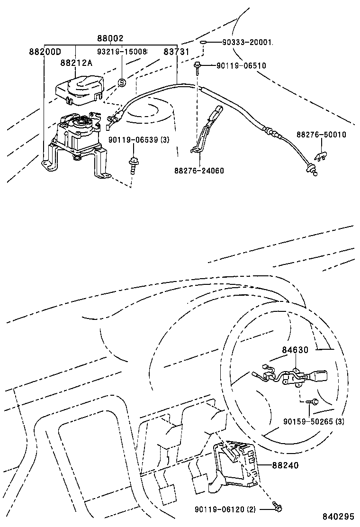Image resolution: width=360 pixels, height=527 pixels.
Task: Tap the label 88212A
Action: pos(76,63)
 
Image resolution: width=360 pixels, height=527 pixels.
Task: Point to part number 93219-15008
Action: pos(123,51)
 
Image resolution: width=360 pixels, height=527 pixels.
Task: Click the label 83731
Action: pos(177,52)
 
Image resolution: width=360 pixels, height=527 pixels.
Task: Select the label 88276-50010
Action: pos(321,135)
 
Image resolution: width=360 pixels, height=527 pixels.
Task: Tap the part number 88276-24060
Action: pos(199,171)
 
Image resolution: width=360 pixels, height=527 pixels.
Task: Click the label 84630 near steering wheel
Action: pos(295,350)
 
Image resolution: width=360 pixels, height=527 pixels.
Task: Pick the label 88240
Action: pos(285,465)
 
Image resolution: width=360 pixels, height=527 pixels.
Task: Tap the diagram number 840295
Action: pos(339,516)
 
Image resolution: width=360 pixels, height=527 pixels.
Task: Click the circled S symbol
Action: pos(121,82)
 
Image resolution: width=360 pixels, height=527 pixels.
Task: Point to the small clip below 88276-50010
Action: pos(321,155)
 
